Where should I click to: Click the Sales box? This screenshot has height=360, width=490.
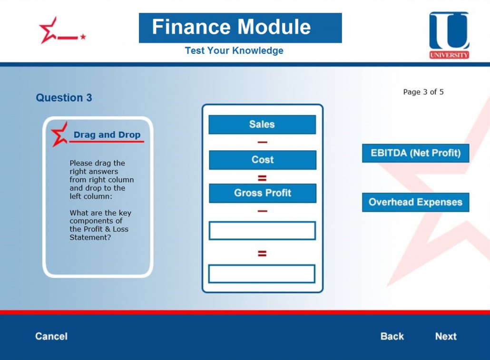coord(262,125)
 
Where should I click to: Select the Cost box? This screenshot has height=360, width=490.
coord(263,160)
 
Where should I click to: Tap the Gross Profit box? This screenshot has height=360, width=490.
coord(263,193)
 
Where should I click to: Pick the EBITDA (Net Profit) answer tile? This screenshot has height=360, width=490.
coord(416,153)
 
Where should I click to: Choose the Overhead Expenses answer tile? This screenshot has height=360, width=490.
coord(416,202)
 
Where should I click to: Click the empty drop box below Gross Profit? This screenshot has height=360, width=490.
coord(262,231)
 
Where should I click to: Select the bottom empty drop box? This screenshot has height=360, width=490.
coord(262,274)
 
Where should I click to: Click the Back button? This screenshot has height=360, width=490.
coord(392,336)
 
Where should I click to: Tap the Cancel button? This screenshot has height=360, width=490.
coord(51,336)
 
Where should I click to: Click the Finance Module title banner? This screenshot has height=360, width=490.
coord(240,28)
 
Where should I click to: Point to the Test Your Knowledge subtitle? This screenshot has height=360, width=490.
coord(234,50)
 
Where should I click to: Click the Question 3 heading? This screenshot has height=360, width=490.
coord(64,97)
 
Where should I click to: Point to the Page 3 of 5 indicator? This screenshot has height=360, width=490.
coord(423,92)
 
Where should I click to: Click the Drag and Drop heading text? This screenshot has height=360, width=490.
coord(107,135)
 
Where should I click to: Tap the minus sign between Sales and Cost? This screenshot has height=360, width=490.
coord(263,142)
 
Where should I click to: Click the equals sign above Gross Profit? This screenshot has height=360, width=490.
coord(262,178)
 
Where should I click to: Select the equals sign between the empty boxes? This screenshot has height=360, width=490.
coord(262,253)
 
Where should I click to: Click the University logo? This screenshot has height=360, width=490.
coord(449,35)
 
